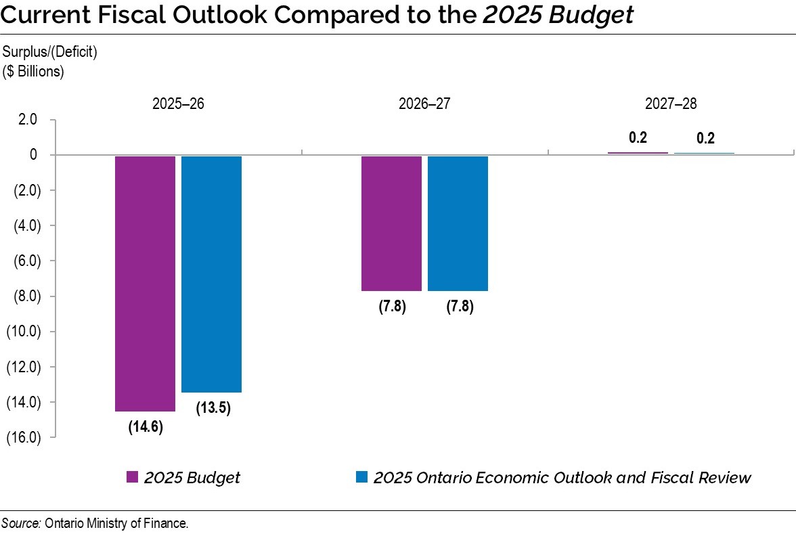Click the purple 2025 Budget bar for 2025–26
click(145, 283)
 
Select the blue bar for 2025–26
click(211, 273)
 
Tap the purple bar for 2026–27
click(391, 223)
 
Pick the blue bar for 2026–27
click(458, 223)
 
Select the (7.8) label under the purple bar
click(391, 307)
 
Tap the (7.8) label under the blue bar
click(459, 307)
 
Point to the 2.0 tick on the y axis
click(28, 120)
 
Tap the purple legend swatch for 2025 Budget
click(133, 477)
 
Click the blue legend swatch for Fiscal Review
click(361, 477)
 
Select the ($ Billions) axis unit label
click(34, 72)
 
